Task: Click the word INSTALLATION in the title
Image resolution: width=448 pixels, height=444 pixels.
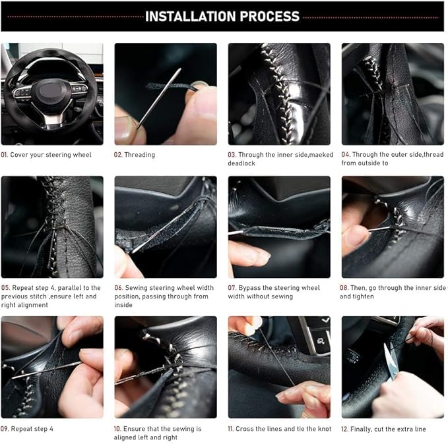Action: click(191, 16)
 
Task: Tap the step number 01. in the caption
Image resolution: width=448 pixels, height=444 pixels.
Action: click(4, 155)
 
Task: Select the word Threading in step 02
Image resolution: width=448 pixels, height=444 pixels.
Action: click(140, 155)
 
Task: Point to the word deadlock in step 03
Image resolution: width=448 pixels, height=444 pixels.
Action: click(241, 163)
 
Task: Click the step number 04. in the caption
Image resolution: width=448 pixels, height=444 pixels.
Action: click(346, 154)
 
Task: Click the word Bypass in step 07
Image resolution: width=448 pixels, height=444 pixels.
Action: click(249, 288)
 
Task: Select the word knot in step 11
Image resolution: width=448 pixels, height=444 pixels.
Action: click(325, 429)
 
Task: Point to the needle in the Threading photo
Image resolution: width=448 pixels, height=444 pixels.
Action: click(159, 98)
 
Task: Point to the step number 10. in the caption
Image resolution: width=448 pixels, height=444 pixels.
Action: click(117, 429)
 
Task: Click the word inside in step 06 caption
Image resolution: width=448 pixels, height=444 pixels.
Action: click(123, 305)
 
